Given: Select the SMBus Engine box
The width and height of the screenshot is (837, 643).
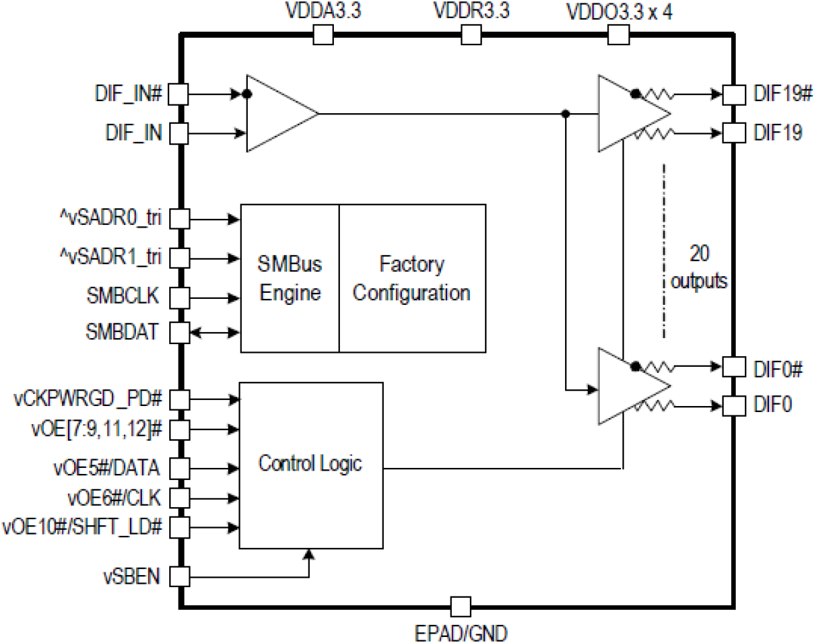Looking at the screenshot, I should click(290, 278).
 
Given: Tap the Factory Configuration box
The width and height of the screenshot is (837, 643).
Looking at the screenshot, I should click(412, 278).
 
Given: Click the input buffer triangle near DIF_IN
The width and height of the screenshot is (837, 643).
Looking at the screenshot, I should click(276, 113).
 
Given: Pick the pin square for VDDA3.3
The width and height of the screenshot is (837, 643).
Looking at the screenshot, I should click(323, 35).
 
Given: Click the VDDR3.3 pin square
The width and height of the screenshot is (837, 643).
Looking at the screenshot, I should click(471, 35).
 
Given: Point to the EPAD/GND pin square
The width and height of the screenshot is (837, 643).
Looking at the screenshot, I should click(460, 606).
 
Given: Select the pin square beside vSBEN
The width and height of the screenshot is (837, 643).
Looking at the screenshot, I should click(179, 576).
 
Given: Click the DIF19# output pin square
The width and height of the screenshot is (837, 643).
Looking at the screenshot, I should click(734, 94).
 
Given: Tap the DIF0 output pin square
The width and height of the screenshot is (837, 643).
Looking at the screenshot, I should click(734, 405).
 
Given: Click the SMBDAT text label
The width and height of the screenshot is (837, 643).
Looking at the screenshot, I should click(122, 331).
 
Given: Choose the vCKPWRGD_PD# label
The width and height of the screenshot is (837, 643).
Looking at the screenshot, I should click(88, 399).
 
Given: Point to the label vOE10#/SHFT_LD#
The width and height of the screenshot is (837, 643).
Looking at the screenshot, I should click(82, 527).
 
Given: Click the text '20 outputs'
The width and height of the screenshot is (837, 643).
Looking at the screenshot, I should click(699, 267).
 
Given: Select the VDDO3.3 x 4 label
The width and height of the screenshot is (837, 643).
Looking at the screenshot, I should click(619, 12).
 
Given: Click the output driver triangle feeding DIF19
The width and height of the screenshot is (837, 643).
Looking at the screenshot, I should click(626, 114).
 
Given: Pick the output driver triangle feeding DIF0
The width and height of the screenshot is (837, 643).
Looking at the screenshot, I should click(626, 386).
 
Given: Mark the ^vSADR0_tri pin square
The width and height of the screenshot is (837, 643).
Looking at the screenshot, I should click(179, 218).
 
